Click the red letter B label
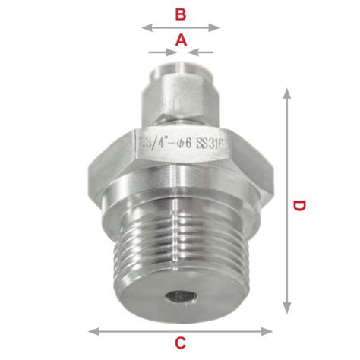pos(181,14)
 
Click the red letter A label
pos(181,40)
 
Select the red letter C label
pos(180,343)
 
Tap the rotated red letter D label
pos(299,205)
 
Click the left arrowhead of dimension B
pos(147,27)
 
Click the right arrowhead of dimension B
pos(214,27)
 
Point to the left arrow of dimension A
pos(163,52)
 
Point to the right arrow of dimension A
pos(201,52)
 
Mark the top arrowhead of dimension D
pos(286,93)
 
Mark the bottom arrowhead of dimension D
pos(286,308)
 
